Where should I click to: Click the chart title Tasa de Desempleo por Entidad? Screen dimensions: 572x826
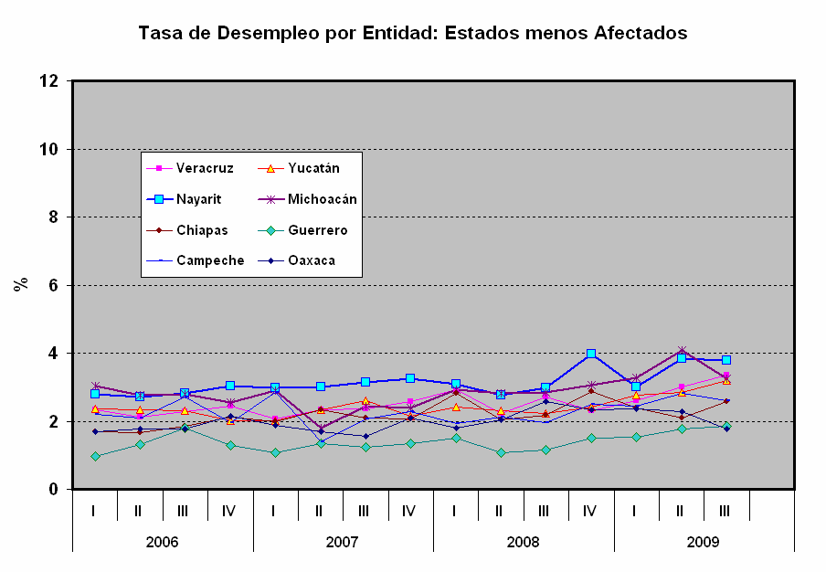click(x=412, y=33)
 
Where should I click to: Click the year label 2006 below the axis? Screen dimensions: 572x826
click(x=162, y=542)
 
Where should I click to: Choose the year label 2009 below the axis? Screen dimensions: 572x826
click(x=704, y=542)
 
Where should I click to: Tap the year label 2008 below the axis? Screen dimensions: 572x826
click(x=523, y=542)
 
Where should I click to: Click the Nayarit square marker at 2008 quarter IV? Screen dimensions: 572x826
click(x=591, y=354)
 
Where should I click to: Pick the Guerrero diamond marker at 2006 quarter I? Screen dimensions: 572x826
click(x=95, y=456)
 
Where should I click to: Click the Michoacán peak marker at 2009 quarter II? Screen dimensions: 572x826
click(x=682, y=351)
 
